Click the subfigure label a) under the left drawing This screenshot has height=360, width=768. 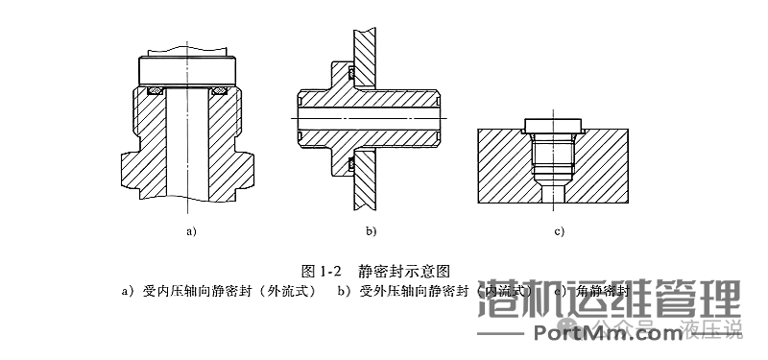191,231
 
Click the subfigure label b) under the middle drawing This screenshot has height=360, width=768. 371,231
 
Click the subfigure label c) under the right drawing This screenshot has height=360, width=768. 559,231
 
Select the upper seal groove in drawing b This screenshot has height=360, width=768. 351,72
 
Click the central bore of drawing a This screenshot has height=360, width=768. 189,144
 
